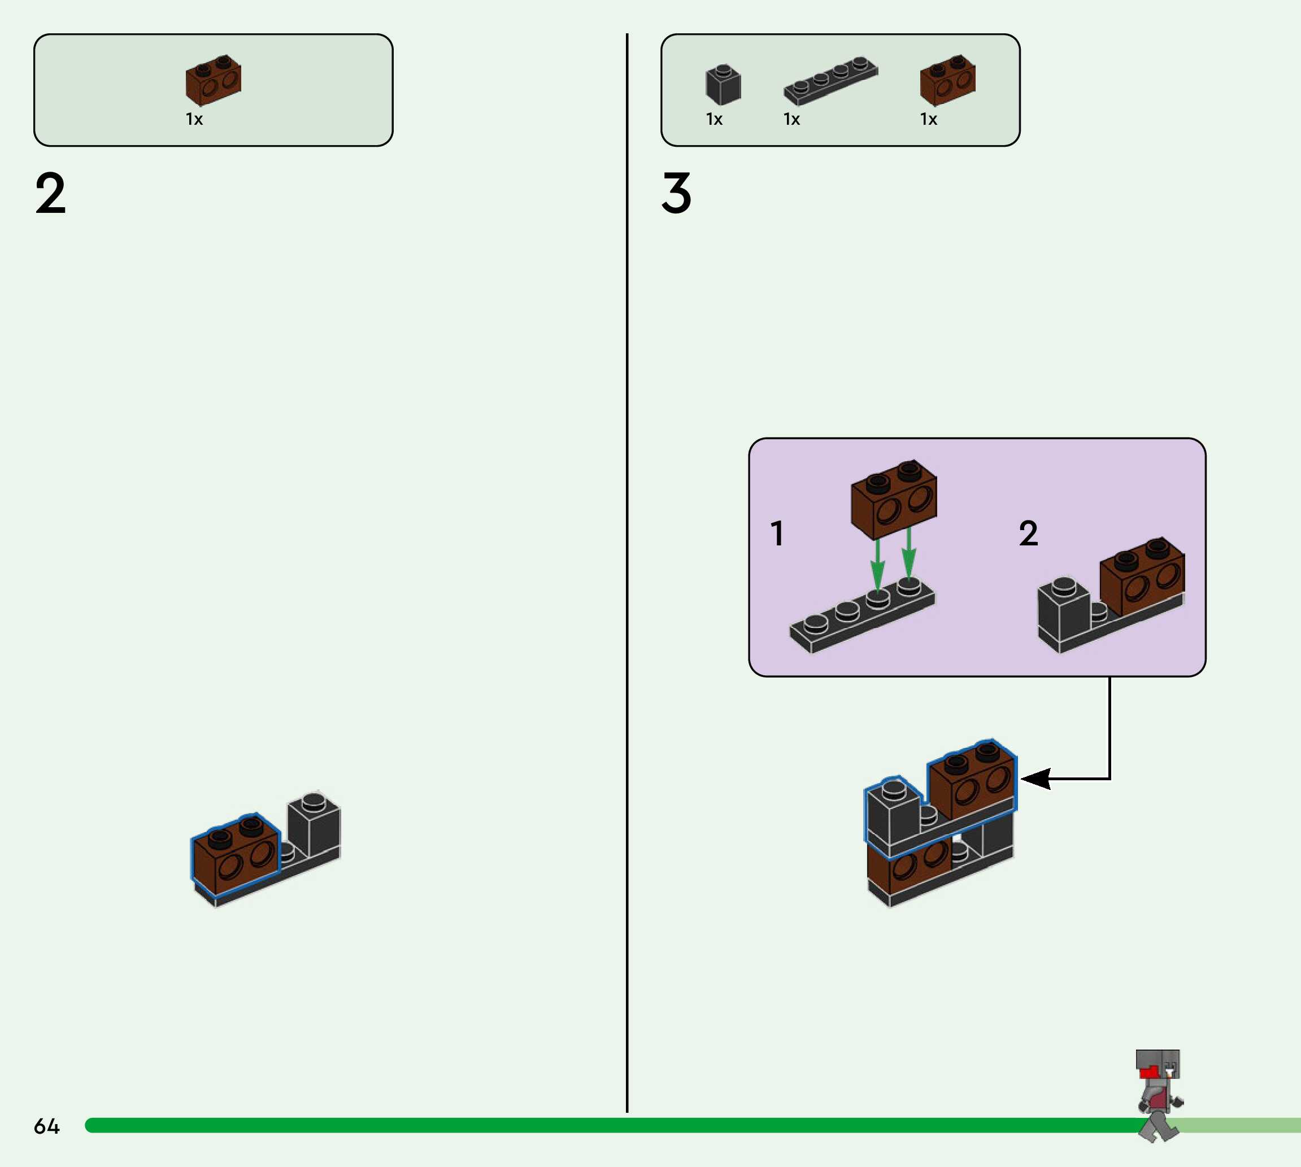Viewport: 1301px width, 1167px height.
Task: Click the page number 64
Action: pyautogui.click(x=46, y=1126)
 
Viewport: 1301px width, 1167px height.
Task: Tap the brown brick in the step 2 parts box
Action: pyautogui.click(x=213, y=80)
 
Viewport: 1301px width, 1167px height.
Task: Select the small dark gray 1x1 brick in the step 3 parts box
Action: pyautogui.click(x=723, y=85)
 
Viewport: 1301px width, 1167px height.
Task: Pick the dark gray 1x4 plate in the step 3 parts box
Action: pyautogui.click(x=830, y=81)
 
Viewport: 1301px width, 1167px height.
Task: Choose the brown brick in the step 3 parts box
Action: pyautogui.click(x=947, y=80)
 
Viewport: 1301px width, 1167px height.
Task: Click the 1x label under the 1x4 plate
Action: pyautogui.click(x=791, y=119)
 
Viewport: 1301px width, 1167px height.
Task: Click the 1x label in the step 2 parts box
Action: pyautogui.click(x=194, y=119)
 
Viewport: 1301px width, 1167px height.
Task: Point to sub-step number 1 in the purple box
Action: pyautogui.click(x=777, y=534)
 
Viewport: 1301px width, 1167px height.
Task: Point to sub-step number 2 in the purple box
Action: pyautogui.click(x=1028, y=534)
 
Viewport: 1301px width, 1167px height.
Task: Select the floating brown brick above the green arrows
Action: pyautogui.click(x=894, y=497)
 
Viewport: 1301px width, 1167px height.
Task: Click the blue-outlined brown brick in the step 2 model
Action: pyautogui.click(x=236, y=855)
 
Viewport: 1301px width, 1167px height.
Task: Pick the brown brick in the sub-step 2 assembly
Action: pyautogui.click(x=1142, y=576)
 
